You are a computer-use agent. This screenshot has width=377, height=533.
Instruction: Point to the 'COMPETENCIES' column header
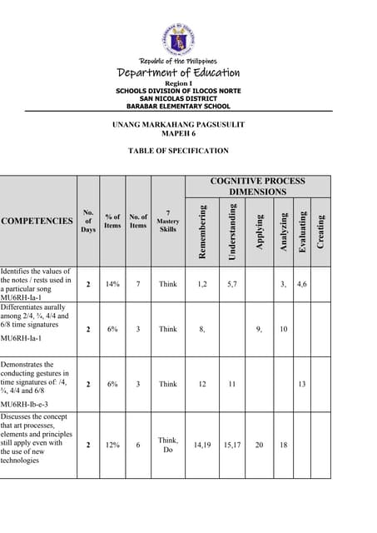click(37, 221)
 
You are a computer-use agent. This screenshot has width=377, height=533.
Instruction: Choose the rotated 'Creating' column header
click(321, 230)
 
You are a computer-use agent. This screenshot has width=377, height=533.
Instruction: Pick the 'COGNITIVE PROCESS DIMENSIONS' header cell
click(257, 186)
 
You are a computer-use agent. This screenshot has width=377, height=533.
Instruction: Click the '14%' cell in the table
click(112, 284)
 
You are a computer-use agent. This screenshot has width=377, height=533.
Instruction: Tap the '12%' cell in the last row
click(112, 445)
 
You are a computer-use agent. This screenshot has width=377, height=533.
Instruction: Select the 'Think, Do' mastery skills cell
click(168, 445)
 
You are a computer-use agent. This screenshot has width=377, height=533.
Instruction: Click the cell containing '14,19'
click(202, 445)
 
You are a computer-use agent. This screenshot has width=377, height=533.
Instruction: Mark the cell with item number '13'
click(302, 384)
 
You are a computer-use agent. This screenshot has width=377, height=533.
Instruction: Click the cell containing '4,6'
click(302, 284)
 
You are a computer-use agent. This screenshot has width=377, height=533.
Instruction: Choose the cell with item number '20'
click(260, 445)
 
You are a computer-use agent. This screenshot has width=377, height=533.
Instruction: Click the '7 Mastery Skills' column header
click(168, 221)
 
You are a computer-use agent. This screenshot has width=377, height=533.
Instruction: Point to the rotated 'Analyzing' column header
click(284, 230)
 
